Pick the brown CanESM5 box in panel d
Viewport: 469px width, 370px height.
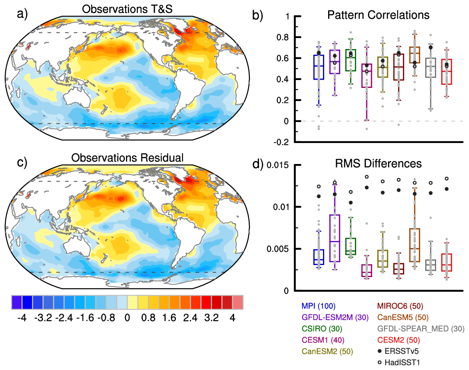tap(414, 245)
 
